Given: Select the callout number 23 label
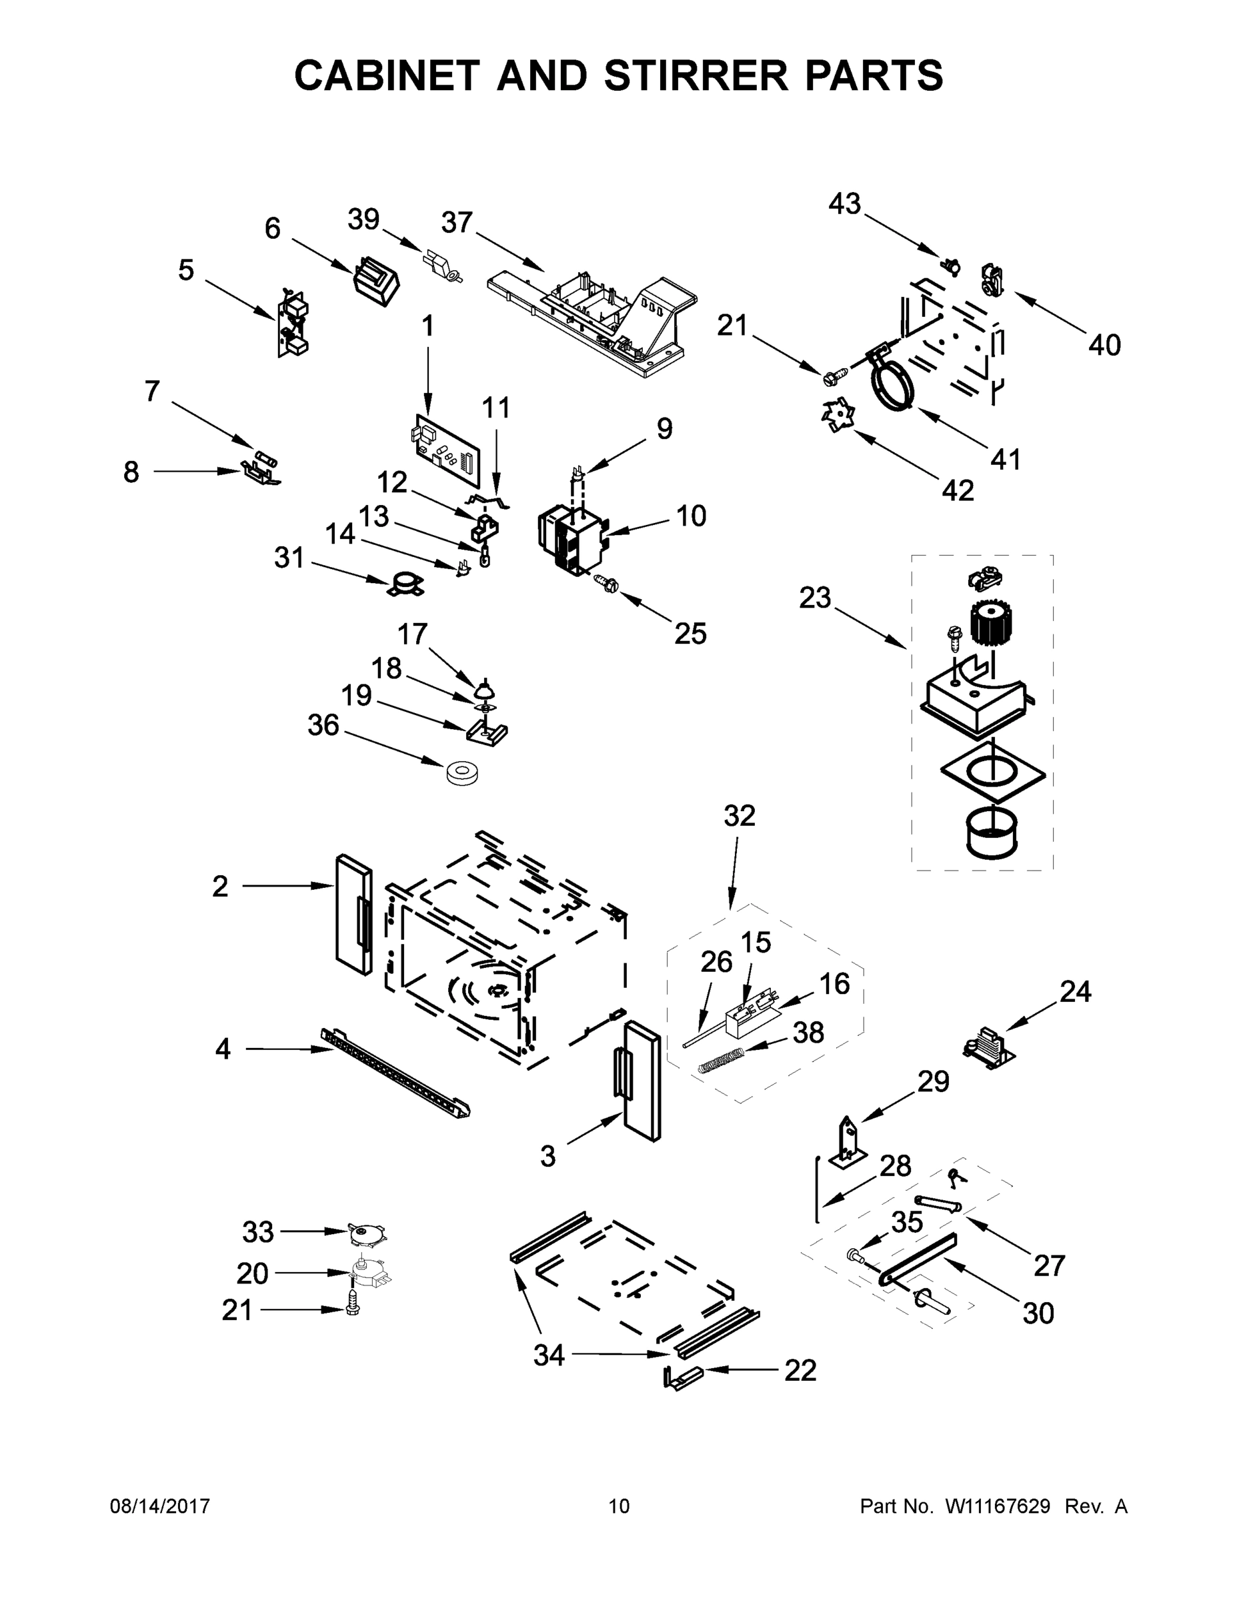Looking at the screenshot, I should tap(814, 598).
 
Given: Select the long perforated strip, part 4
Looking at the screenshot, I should tap(395, 1073).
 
